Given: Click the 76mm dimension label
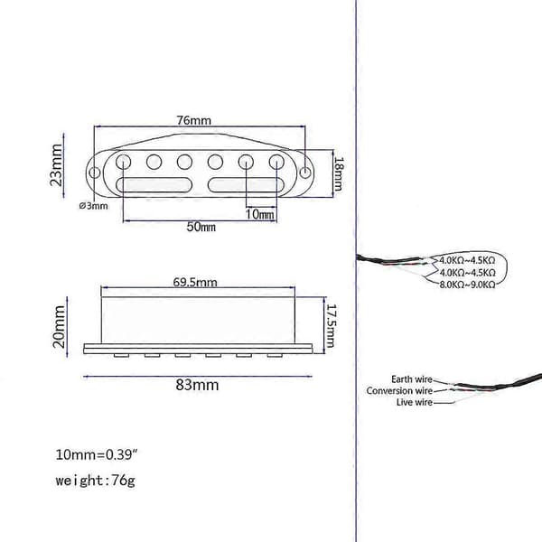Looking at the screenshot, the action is coord(193,120).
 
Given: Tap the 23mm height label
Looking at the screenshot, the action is coord(56,165).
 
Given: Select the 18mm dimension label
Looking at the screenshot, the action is coord(339,173).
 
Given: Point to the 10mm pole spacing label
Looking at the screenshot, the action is coord(259,214).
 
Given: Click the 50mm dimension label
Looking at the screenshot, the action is coord(201,227).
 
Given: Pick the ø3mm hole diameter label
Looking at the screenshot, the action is coord(93,206).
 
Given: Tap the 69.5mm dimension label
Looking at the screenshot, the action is coord(195,282).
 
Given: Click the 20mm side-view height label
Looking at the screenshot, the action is coord(59,327).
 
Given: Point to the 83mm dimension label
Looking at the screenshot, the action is coord(197,385).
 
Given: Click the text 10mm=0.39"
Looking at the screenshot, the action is coord(97,454).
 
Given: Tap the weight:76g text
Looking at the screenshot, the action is coord(96,481).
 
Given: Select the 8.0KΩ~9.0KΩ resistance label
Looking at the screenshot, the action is coord(467,285).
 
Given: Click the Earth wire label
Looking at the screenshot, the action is coord(412,379).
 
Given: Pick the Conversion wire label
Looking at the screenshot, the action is coord(399,390).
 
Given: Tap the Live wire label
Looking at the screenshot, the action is coord(415,402).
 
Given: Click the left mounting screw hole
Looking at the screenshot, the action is coord(94,173).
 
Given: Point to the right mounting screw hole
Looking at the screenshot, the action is coord(305,173).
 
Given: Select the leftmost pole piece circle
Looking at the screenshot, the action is coord(124,162).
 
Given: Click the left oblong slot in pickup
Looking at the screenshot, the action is coord(154,185).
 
